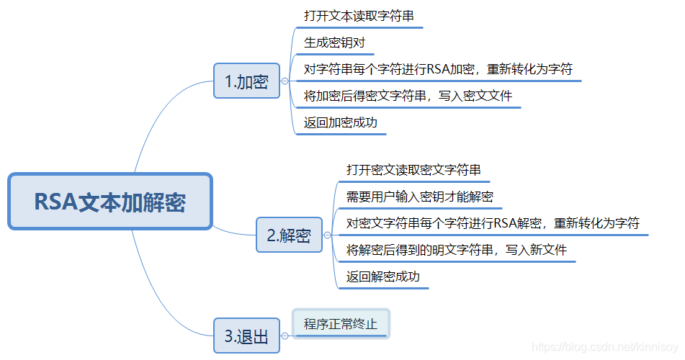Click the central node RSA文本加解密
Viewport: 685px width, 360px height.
click(x=110, y=202)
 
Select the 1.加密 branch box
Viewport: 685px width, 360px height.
click(x=246, y=81)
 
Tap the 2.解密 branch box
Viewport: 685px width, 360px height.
click(x=289, y=235)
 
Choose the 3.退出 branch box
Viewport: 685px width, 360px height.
click(x=246, y=336)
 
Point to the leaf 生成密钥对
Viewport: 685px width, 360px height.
click(x=334, y=42)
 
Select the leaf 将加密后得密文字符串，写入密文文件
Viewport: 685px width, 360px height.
click(x=408, y=96)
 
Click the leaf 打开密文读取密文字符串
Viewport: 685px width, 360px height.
click(x=413, y=170)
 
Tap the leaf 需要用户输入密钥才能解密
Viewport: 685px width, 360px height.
click(x=419, y=197)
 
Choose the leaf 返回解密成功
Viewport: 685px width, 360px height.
click(x=382, y=276)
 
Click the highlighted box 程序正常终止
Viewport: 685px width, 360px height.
click(x=341, y=323)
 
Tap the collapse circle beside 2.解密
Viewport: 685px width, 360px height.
click(x=328, y=235)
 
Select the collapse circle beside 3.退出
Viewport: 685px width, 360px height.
click(x=285, y=336)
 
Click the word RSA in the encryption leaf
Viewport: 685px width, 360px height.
click(x=439, y=69)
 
